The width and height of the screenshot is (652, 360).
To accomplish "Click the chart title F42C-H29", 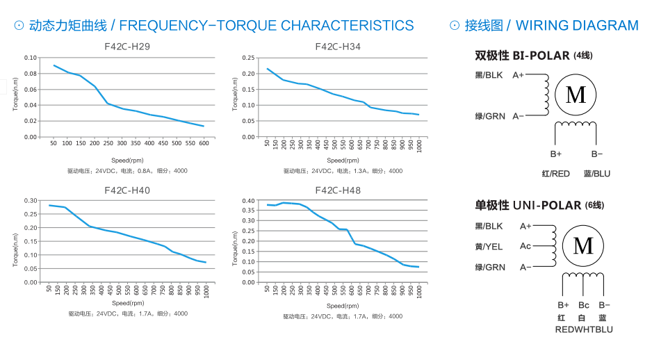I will click(x=127, y=47).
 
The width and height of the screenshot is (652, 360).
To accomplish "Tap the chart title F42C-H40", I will click(x=127, y=190).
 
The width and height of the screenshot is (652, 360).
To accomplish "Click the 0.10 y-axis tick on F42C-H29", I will click(x=30, y=58).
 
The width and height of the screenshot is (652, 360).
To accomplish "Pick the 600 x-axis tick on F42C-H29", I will click(x=204, y=143).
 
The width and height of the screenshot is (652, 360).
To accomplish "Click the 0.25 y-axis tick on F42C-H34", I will click(x=249, y=58).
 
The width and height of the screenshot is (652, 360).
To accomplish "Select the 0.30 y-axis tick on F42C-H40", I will click(x=30, y=201).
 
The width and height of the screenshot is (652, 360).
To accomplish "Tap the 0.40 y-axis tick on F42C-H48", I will click(x=249, y=201).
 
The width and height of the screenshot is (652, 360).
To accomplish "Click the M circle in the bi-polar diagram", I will click(x=576, y=95).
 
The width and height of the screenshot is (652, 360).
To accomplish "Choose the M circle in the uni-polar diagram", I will click(x=582, y=246).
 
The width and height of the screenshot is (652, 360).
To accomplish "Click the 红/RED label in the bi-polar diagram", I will click(x=555, y=173).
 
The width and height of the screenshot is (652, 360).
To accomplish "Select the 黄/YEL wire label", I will click(x=489, y=247).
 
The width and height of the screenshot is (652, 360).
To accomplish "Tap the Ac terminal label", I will click(x=525, y=246).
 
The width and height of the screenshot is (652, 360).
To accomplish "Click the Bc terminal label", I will click(x=584, y=305).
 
